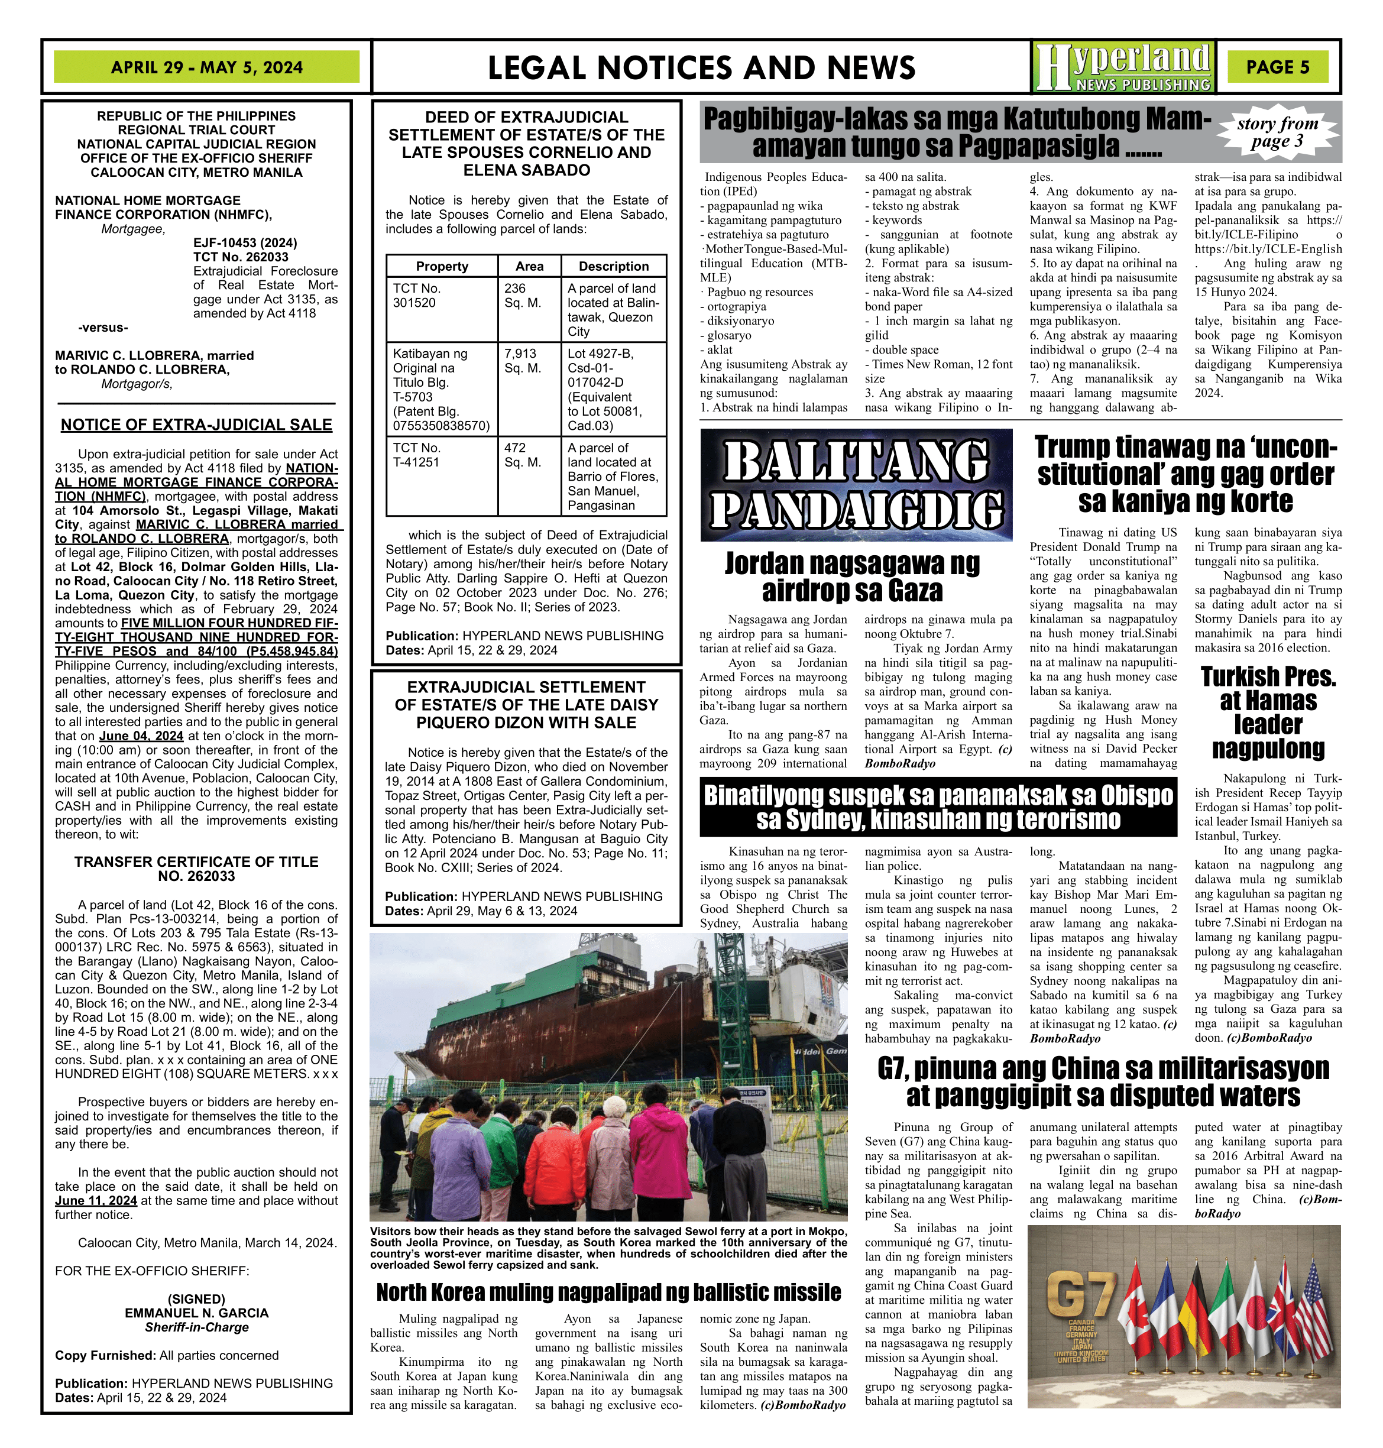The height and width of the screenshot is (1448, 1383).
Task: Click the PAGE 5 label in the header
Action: (x=1278, y=67)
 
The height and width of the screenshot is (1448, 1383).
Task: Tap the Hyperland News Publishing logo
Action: (x=1122, y=67)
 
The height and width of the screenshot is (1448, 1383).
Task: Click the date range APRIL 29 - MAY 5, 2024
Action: (x=206, y=67)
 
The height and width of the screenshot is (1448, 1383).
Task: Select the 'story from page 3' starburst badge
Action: (x=1278, y=132)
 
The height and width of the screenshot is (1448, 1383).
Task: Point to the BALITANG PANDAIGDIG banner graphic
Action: (x=856, y=485)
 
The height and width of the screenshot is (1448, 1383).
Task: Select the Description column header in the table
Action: (x=613, y=266)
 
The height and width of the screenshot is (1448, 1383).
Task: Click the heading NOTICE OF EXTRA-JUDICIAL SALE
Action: (x=196, y=425)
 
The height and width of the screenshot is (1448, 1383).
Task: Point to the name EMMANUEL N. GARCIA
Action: (x=196, y=1313)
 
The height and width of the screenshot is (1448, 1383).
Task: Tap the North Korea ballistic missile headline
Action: (x=608, y=1292)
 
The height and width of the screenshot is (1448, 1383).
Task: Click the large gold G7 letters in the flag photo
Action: (x=1081, y=1293)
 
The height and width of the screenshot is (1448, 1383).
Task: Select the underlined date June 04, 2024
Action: (x=141, y=736)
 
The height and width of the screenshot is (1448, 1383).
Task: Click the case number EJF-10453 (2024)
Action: (x=245, y=242)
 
